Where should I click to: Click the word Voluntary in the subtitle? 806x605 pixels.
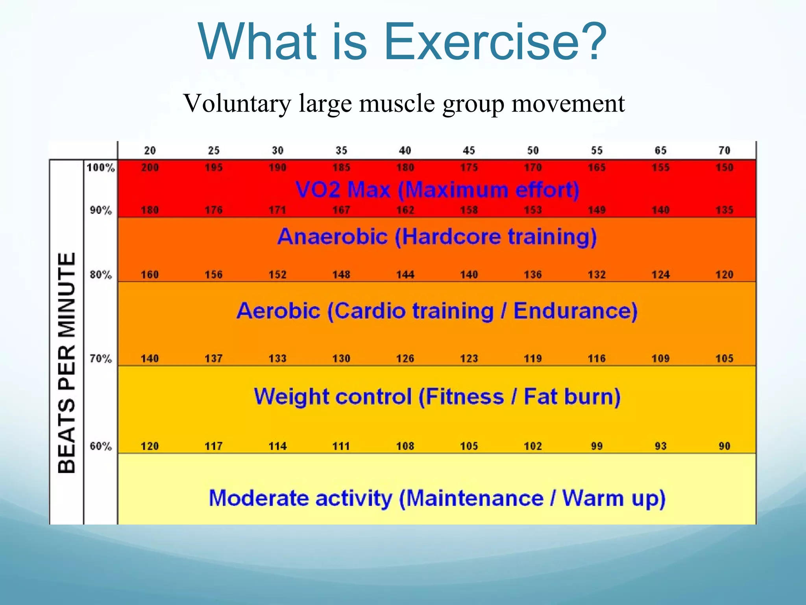coord(237,103)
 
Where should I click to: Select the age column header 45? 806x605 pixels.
coord(469,150)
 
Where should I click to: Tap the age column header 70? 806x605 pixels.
coord(724,150)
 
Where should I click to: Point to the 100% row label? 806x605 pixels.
coord(101,168)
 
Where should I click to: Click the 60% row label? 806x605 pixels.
coord(101,446)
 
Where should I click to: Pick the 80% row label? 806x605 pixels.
coord(101,275)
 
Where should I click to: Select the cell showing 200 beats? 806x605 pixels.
coord(150,168)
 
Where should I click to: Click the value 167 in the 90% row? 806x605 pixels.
coord(341,210)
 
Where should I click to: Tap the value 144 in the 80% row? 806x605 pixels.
coord(405,275)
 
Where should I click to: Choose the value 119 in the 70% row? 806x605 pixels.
coord(532,358)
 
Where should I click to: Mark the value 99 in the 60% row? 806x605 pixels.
coord(597,446)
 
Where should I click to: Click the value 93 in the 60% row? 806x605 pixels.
coord(660,446)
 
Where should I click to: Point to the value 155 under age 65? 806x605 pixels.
coord(660,168)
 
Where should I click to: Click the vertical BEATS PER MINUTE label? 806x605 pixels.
coord(67,362)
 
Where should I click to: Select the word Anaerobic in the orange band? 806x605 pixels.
coord(333,237)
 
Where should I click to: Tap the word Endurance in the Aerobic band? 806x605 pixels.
coord(575,311)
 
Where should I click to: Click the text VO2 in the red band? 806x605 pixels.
coord(318,190)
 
